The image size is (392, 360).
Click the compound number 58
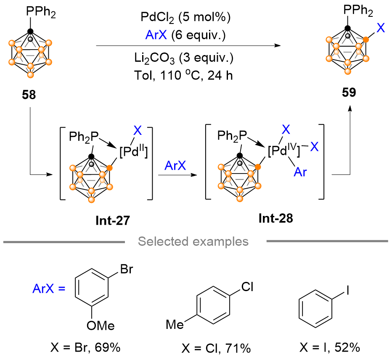[x=29, y=95]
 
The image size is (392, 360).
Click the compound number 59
[x=349, y=92]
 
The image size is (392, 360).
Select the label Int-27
[x=113, y=221]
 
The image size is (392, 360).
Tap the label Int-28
[x=276, y=218]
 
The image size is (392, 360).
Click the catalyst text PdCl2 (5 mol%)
[x=185, y=18]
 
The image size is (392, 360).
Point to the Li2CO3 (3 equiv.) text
[x=184, y=58]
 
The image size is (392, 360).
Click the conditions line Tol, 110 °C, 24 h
[x=184, y=75]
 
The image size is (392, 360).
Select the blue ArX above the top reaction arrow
[x=156, y=35]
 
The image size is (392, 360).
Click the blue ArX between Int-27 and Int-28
[x=175, y=166]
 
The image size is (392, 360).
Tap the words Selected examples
[x=193, y=242]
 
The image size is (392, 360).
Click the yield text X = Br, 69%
[x=85, y=347]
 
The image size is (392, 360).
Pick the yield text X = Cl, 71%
[x=216, y=348]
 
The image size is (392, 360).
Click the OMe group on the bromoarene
[x=101, y=326]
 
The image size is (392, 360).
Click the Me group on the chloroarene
[x=175, y=325]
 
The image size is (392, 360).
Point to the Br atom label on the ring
[x=127, y=269]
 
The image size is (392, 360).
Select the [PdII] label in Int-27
[x=134, y=151]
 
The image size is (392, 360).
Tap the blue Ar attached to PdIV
[x=300, y=172]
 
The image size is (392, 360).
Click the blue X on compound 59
[x=381, y=28]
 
